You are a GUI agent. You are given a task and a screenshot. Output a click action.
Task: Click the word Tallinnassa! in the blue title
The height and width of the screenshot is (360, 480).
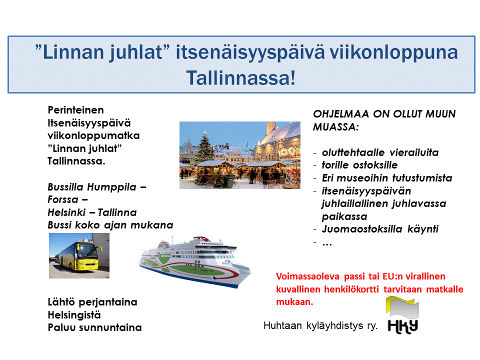tap(241, 78)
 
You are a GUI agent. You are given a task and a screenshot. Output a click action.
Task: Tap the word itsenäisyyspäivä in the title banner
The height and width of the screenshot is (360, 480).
tap(250, 53)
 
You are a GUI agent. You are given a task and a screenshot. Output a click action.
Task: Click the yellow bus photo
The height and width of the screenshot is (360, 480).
tap(79, 255)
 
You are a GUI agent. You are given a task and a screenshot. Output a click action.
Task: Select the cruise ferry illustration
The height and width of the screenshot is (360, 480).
tap(195, 261)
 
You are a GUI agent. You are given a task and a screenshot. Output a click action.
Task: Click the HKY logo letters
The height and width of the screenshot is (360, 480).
tap(403, 326)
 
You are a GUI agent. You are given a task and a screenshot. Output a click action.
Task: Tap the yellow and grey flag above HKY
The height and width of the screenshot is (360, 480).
tap(402, 307)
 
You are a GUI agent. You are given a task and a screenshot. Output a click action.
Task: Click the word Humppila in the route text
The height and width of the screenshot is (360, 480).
tap(111, 186)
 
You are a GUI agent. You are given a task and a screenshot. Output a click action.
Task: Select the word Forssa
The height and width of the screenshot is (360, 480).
tap(63, 199)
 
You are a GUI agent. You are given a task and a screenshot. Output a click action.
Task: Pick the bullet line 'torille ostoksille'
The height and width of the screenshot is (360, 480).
tap(359, 165)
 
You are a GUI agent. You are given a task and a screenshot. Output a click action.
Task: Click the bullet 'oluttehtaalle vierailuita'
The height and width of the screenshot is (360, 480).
tap(380, 152)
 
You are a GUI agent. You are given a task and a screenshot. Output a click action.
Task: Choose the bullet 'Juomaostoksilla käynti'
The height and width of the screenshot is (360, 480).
tap(380, 229)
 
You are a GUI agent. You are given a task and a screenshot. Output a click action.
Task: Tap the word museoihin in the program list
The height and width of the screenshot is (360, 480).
tap(363, 178)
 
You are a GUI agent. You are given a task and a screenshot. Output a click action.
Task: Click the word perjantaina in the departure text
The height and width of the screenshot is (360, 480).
tap(108, 302)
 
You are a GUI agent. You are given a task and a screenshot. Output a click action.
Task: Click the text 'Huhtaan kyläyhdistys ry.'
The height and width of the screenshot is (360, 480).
tap(320, 325)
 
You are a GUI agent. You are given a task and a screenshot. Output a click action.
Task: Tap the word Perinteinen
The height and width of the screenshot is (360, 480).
tap(75, 110)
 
